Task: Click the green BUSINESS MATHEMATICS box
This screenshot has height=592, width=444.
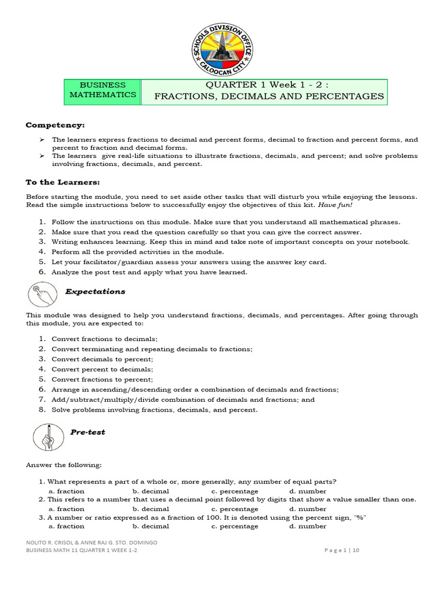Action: point(103,90)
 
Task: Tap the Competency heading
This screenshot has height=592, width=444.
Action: point(55,125)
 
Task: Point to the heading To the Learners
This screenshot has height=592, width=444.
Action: point(62,182)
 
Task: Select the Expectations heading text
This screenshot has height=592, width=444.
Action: point(95,292)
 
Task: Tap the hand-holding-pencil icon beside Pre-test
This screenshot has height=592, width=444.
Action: point(45,437)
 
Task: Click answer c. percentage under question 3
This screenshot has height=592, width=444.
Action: point(235,527)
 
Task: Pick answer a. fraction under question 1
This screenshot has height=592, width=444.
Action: point(66,491)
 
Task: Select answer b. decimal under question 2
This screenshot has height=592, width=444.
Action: point(150,509)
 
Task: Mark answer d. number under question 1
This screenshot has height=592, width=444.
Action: point(308,491)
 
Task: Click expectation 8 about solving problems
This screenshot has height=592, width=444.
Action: point(154,410)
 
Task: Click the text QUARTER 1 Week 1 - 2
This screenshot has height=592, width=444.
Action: point(262,85)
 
